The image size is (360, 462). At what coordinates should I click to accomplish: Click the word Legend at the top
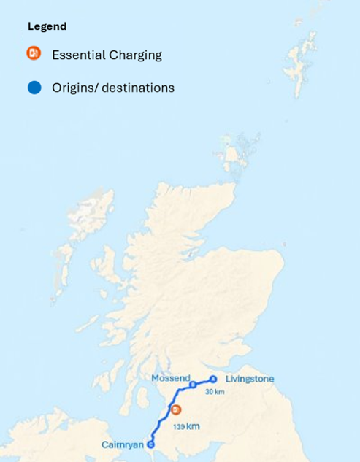pos(47,26)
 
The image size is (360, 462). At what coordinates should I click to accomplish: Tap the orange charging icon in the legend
pos(34,53)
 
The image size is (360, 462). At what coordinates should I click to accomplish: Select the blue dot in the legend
pos(34,88)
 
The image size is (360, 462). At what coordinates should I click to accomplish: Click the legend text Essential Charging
pos(107,55)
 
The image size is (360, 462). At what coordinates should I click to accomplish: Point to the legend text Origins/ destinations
pos(113,88)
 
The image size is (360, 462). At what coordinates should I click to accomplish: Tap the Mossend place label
pos(170,378)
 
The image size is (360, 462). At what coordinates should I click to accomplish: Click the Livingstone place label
pos(250,379)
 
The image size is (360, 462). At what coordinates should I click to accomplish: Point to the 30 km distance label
pos(215,392)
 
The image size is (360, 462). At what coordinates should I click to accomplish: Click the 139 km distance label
pos(186,426)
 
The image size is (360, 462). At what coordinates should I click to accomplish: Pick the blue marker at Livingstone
pos(213,379)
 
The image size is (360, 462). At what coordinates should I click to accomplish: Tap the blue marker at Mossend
pos(193,384)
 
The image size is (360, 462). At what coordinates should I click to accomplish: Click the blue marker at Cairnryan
pos(150,444)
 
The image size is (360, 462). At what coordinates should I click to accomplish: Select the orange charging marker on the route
pos(175,409)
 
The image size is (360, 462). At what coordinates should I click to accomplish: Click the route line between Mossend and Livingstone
pos(203,381)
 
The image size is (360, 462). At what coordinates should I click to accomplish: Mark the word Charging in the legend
pos(136,55)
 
